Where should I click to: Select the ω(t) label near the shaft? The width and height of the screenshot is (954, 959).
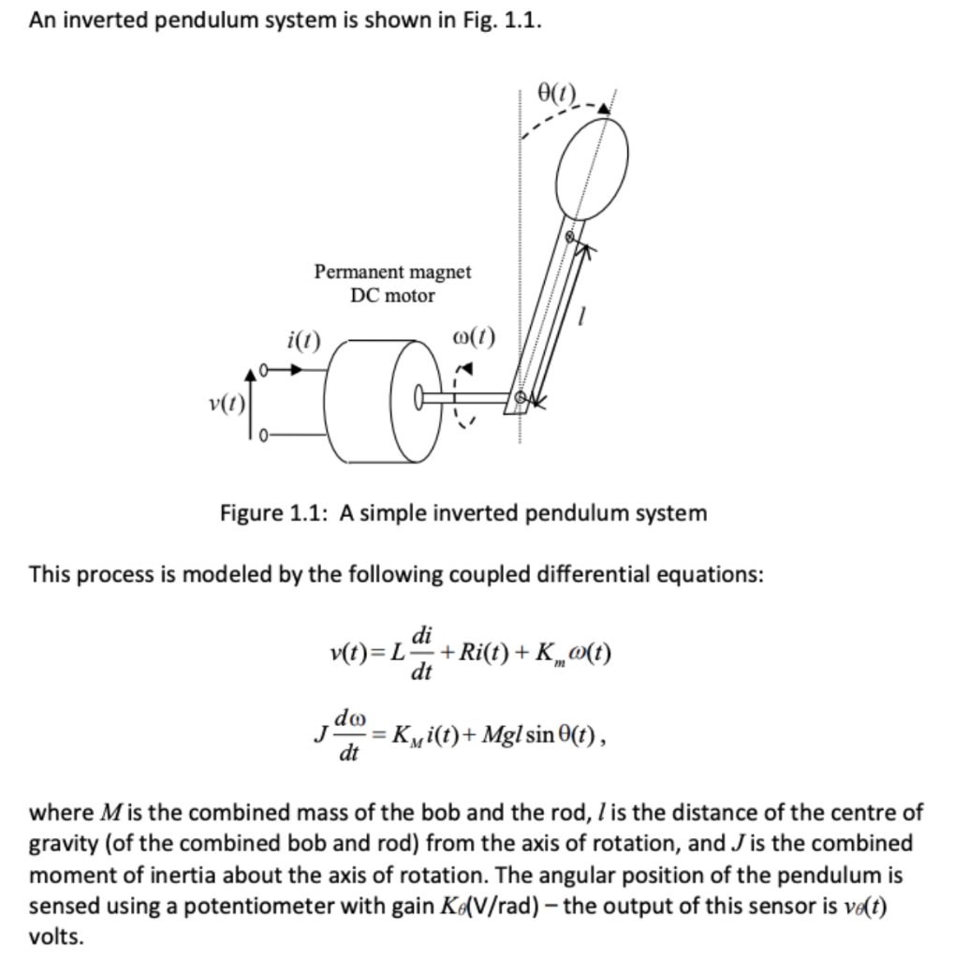pyautogui.click(x=473, y=336)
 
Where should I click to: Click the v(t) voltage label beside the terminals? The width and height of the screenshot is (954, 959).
pyautogui.click(x=226, y=406)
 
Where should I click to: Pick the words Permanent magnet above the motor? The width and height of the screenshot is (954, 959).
pyautogui.click(x=392, y=272)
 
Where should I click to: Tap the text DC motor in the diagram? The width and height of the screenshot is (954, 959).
pyautogui.click(x=392, y=295)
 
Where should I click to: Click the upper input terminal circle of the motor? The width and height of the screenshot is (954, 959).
pyautogui.click(x=265, y=369)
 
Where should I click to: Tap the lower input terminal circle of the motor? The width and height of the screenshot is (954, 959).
pyautogui.click(x=265, y=435)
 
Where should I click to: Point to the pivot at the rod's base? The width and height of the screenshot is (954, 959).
pyautogui.click(x=522, y=399)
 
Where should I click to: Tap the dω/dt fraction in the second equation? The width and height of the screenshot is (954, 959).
pyautogui.click(x=349, y=735)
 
